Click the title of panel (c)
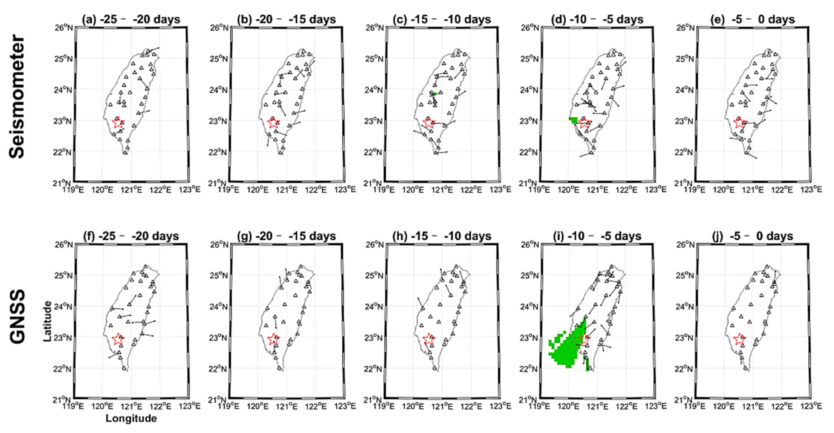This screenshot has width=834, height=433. tap(442, 19)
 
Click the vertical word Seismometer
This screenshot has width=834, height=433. tap(17, 97)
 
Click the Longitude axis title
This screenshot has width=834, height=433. tap(131, 419)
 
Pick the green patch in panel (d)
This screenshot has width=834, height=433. tap(573, 120)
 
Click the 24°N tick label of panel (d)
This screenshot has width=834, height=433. tap(530, 90)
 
